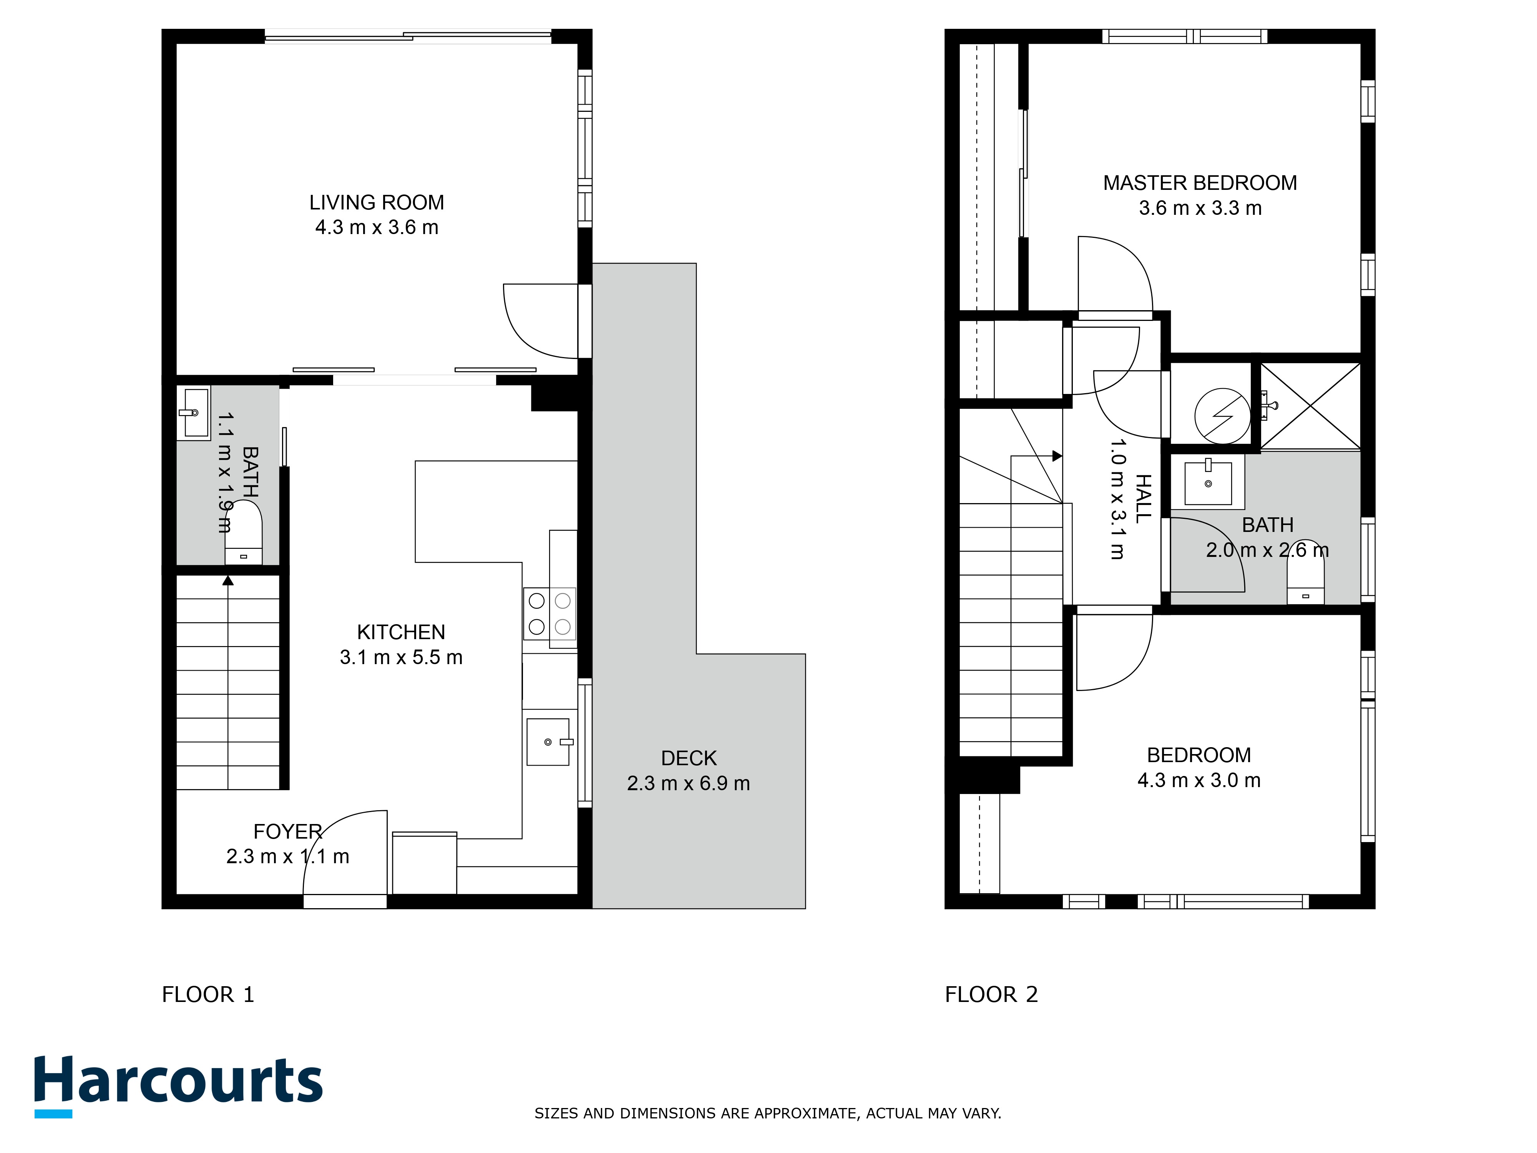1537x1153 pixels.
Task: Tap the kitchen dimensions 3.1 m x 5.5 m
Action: point(401,657)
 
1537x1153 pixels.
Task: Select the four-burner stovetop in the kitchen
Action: point(549,614)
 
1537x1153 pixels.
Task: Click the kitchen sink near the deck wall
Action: point(548,741)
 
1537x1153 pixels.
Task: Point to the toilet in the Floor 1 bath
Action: point(243,534)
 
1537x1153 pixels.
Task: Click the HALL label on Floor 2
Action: point(1143,498)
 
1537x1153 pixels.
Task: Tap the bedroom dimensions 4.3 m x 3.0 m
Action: point(1198,780)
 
